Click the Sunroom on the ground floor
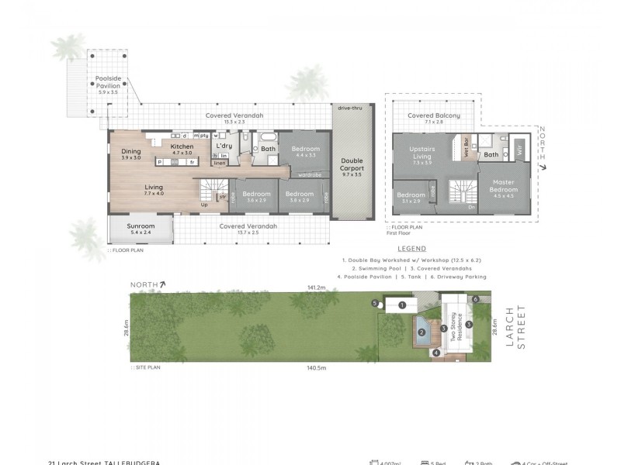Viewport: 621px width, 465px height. pyautogui.click(x=141, y=229)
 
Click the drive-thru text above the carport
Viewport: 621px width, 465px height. pyautogui.click(x=351, y=108)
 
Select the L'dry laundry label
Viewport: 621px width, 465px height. pyautogui.click(x=224, y=146)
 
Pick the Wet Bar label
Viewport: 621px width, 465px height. pyautogui.click(x=467, y=147)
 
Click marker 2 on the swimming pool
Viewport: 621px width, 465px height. pyautogui.click(x=421, y=333)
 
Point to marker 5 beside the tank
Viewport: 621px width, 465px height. pyautogui.click(x=374, y=303)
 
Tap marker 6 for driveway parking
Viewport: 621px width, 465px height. pyautogui.click(x=474, y=299)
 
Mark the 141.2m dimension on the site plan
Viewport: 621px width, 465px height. pyautogui.click(x=315, y=288)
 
